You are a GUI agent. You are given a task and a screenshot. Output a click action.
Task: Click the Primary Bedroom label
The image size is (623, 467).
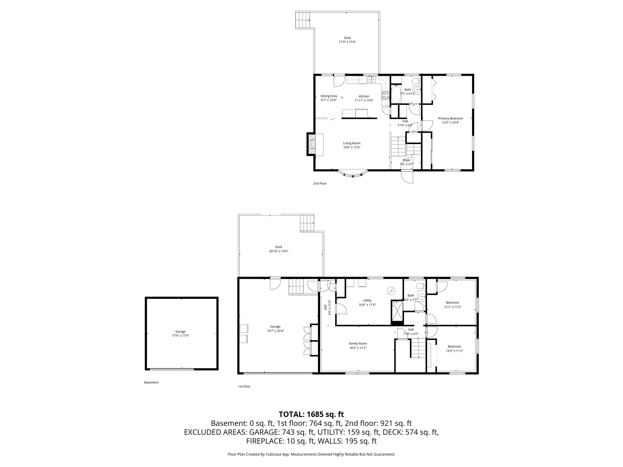pyautogui.click(x=450, y=119)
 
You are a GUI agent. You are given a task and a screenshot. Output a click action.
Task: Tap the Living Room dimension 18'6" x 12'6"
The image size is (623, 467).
pyautogui.click(x=352, y=147)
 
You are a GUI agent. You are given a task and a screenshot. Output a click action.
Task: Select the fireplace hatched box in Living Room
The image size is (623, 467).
pyautogui.click(x=312, y=144)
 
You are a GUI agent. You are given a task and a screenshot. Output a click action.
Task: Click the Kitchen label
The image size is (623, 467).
pyautogui.click(x=364, y=96)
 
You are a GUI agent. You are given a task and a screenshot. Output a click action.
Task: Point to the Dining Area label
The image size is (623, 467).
pyautogui.click(x=329, y=96)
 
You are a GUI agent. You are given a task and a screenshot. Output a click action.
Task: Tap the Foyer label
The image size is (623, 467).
pyautogui.click(x=407, y=160)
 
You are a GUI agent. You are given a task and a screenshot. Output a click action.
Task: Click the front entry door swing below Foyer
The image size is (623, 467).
pyautogui.click(x=407, y=177)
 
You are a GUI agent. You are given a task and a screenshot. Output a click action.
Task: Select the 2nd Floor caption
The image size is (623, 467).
pyautogui.click(x=320, y=183)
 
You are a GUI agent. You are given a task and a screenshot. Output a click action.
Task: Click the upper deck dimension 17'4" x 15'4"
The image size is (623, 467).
pyautogui.click(x=347, y=42)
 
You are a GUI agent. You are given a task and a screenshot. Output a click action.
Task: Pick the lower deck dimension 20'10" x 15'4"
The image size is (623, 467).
pyautogui.click(x=278, y=251)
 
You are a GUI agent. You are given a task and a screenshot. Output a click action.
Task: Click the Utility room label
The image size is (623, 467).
pyautogui.click(x=367, y=300)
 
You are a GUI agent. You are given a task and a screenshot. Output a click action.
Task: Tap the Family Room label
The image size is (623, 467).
pyautogui.click(x=358, y=344)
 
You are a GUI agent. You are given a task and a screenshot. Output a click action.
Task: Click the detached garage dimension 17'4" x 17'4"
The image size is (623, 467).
pyautogui.click(x=180, y=336)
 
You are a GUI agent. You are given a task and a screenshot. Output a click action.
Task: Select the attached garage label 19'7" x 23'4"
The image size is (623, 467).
pyautogui.click(x=275, y=331)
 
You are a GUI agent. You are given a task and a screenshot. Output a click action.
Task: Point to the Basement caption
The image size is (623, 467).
pyautogui.click(x=151, y=382)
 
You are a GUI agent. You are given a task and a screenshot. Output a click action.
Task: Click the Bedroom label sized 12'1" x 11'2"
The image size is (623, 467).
pyautogui.click(x=453, y=303)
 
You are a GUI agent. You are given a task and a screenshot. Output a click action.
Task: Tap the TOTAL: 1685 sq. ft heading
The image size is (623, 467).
pyautogui.click(x=311, y=414)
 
